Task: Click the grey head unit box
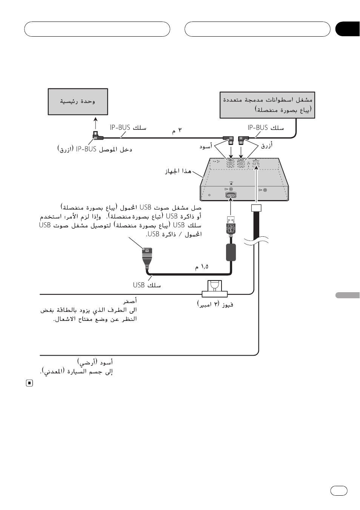click(78, 102)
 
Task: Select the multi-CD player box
click(267, 105)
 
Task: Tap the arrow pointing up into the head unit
click(96, 124)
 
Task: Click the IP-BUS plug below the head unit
click(97, 136)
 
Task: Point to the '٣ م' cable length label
click(177, 131)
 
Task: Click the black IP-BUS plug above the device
click(229, 140)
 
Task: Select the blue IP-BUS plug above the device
click(243, 140)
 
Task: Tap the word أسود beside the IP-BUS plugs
click(206, 146)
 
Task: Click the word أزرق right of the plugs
click(267, 145)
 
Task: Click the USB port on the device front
click(231, 195)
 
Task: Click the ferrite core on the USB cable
click(231, 252)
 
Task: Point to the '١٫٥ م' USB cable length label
click(202, 267)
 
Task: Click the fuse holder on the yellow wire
click(214, 289)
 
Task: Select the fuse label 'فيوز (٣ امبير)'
click(215, 304)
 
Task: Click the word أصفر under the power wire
click(130, 301)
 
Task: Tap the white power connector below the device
click(256, 208)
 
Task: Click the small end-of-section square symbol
click(29, 383)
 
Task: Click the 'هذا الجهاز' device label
click(178, 171)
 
